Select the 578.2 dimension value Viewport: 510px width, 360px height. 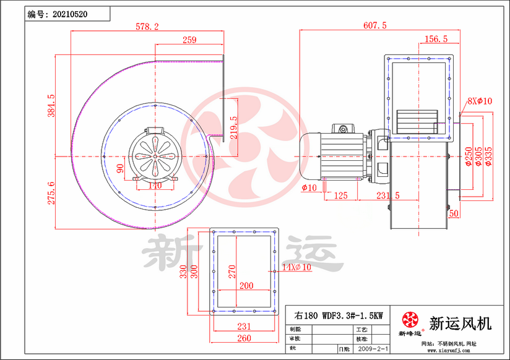point(147,27)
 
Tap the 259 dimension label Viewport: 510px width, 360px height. point(189,40)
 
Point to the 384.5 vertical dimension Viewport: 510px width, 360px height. point(51,106)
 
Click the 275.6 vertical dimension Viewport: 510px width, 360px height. point(51,192)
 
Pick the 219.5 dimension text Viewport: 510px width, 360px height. point(233,128)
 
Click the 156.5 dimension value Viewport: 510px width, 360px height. point(436,39)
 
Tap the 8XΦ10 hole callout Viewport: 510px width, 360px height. point(479,101)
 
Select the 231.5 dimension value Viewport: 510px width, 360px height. point(387,195)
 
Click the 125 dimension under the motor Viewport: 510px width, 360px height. point(340,195)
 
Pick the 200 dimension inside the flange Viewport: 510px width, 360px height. point(246,286)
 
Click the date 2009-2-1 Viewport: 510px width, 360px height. point(373,349)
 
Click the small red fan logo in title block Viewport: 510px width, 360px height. point(410,320)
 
